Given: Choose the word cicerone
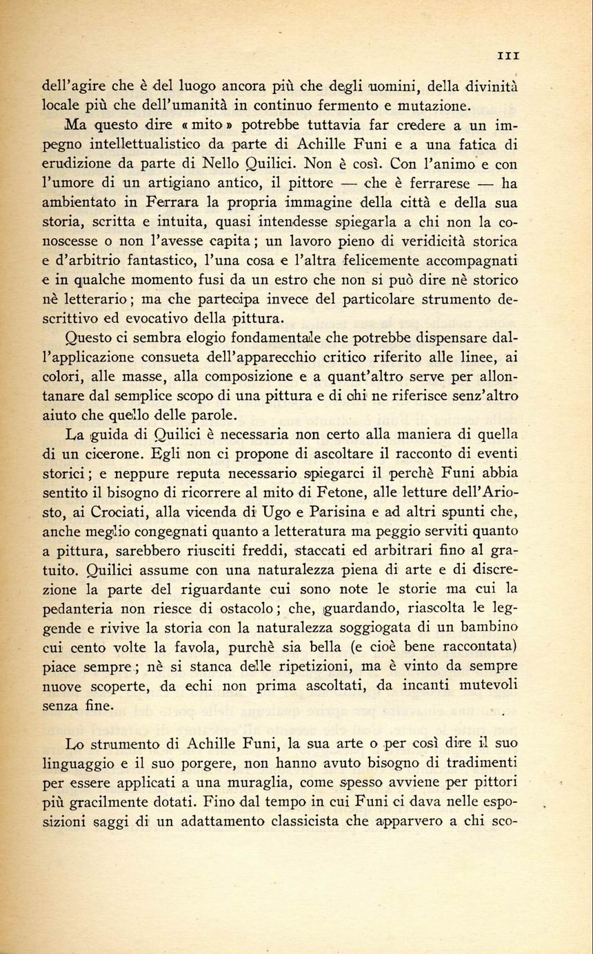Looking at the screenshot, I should [108, 455].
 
